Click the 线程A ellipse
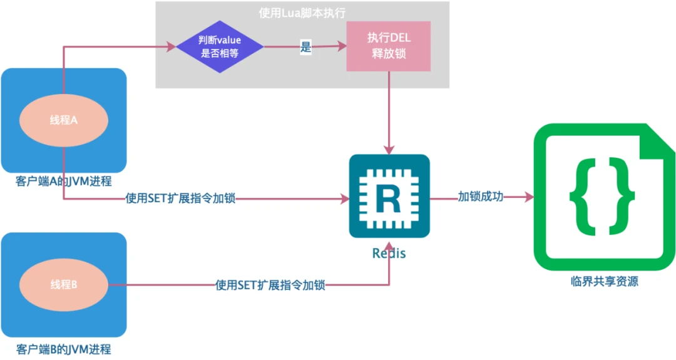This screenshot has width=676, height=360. tap(64, 120)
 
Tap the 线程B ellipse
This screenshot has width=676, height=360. tap(64, 285)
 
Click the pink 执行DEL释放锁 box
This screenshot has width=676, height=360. tap(389, 46)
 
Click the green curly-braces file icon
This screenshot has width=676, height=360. tap(604, 197)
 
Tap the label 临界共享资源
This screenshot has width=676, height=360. tap(605, 282)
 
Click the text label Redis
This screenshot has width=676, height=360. tap(389, 254)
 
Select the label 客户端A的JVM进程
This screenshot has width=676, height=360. tap(64, 182)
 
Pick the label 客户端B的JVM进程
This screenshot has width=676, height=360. tap(64, 349)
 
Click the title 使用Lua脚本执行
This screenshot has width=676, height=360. tap(302, 13)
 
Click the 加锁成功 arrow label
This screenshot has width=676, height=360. tap(480, 197)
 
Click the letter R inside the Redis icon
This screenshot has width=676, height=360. tap(389, 198)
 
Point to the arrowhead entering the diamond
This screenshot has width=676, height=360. tap(172, 47)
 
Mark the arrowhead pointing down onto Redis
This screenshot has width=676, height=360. tap(389, 150)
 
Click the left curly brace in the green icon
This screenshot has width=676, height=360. tap(585, 197)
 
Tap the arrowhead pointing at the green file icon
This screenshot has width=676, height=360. tap(530, 197)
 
